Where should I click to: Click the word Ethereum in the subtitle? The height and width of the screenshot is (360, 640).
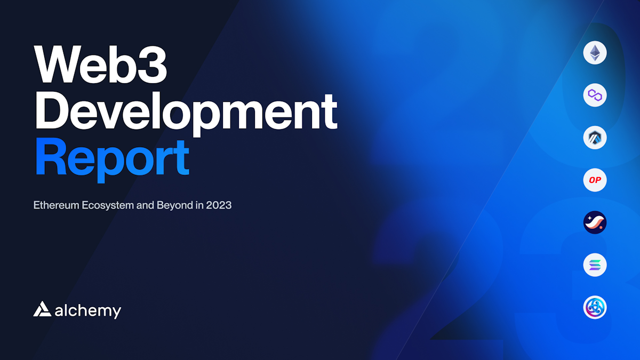[56, 205]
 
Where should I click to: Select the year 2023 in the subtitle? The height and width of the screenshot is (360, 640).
[219, 205]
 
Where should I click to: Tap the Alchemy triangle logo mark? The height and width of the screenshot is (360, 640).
[42, 309]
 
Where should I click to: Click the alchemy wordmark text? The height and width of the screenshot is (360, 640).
[88, 310]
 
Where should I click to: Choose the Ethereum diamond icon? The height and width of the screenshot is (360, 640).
[595, 53]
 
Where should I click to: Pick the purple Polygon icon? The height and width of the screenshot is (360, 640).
[595, 95]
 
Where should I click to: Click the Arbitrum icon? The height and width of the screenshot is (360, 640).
[595, 138]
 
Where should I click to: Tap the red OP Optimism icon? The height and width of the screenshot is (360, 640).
[595, 180]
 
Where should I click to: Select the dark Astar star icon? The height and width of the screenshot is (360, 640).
[595, 222]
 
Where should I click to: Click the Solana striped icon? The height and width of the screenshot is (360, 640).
[595, 265]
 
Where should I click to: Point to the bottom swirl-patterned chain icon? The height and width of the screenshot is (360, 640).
[595, 308]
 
